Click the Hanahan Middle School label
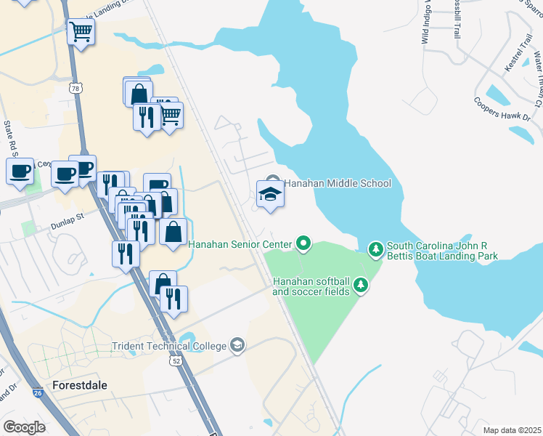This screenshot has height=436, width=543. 337,184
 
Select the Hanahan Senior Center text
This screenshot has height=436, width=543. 240,244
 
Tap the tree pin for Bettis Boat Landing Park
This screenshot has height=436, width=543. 375,250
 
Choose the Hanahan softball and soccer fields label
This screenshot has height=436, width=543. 311,286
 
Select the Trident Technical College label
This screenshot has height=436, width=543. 168,346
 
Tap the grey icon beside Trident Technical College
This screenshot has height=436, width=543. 237,344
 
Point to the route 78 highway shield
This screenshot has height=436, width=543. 75,88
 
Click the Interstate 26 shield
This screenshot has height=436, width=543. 38,392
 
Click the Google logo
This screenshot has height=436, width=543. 24,427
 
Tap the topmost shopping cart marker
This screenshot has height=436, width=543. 81,32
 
